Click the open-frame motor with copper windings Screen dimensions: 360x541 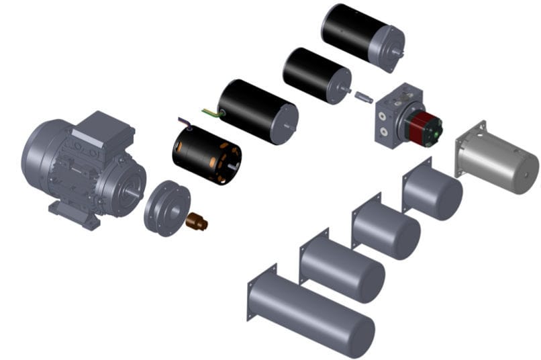click(x=206, y=155)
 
